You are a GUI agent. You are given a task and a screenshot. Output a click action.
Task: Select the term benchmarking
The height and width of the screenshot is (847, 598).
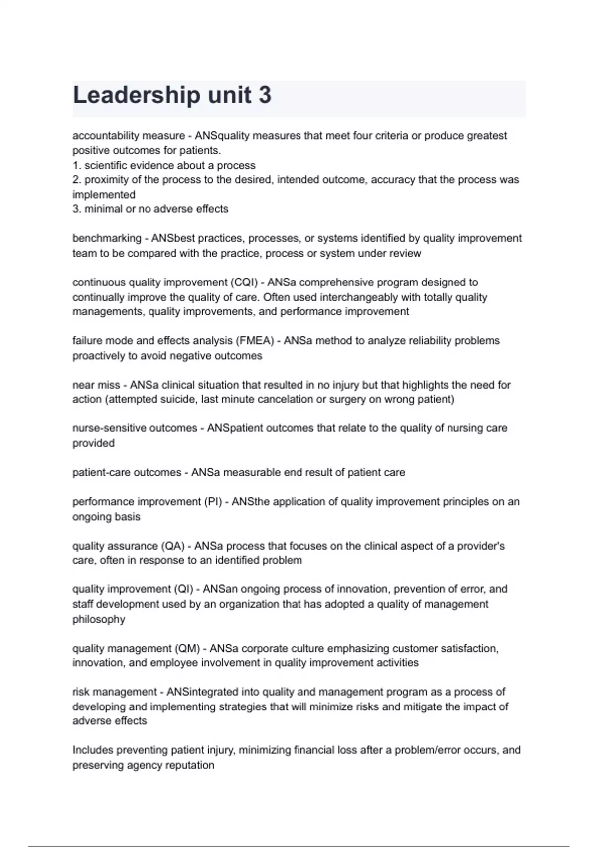click(x=107, y=238)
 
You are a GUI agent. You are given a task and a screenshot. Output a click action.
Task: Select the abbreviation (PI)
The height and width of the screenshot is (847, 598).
click(x=213, y=502)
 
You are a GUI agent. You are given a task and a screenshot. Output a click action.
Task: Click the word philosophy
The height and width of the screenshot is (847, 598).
click(x=99, y=619)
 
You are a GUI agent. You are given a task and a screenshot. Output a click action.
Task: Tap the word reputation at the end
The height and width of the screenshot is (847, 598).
click(x=189, y=765)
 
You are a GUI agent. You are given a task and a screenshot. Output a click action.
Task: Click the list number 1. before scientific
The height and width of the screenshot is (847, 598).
click(x=77, y=165)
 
